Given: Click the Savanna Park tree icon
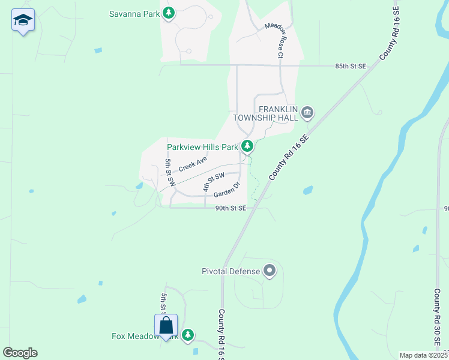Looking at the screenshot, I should [x=169, y=13].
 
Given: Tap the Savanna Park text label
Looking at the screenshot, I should [x=134, y=13].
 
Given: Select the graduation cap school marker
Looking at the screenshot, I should [x=23, y=21].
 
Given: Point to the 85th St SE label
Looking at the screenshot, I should [x=351, y=65].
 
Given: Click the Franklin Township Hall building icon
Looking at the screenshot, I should [x=307, y=112].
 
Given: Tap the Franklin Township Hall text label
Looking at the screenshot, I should [x=278, y=113].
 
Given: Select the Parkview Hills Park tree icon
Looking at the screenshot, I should [x=247, y=146].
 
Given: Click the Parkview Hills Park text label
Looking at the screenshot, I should [x=202, y=147].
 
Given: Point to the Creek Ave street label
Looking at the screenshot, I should [x=193, y=163].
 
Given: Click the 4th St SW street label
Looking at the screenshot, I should [x=213, y=181].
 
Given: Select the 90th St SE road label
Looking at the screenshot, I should [x=231, y=208].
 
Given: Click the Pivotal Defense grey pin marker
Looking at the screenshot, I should [x=270, y=271].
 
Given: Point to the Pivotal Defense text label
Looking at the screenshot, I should [x=231, y=271].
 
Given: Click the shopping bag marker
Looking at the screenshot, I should [x=166, y=326].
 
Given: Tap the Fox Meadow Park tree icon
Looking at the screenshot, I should [x=188, y=335].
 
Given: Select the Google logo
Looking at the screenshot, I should [x=20, y=353].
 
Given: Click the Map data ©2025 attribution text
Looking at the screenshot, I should [x=423, y=355].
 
